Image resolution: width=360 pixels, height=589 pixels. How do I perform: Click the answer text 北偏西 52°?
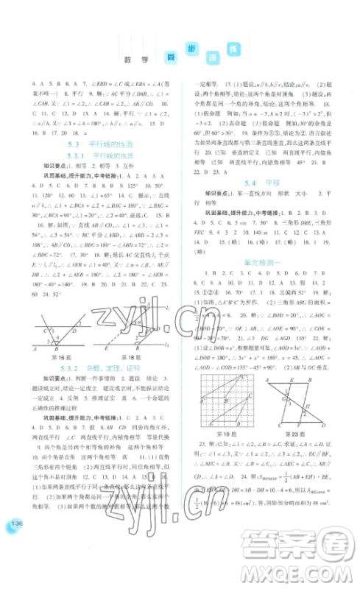(297, 292)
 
